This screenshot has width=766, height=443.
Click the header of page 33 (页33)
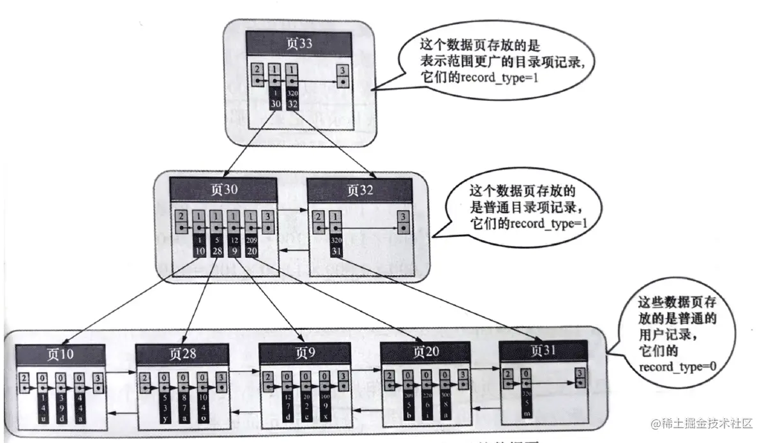(299, 45)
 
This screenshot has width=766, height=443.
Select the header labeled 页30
(223, 191)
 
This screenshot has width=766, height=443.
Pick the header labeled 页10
(60, 353)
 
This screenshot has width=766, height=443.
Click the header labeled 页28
(183, 353)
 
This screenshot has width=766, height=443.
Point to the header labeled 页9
(305, 353)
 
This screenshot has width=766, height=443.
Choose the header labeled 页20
(426, 352)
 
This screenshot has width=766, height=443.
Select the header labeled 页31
(543, 350)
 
